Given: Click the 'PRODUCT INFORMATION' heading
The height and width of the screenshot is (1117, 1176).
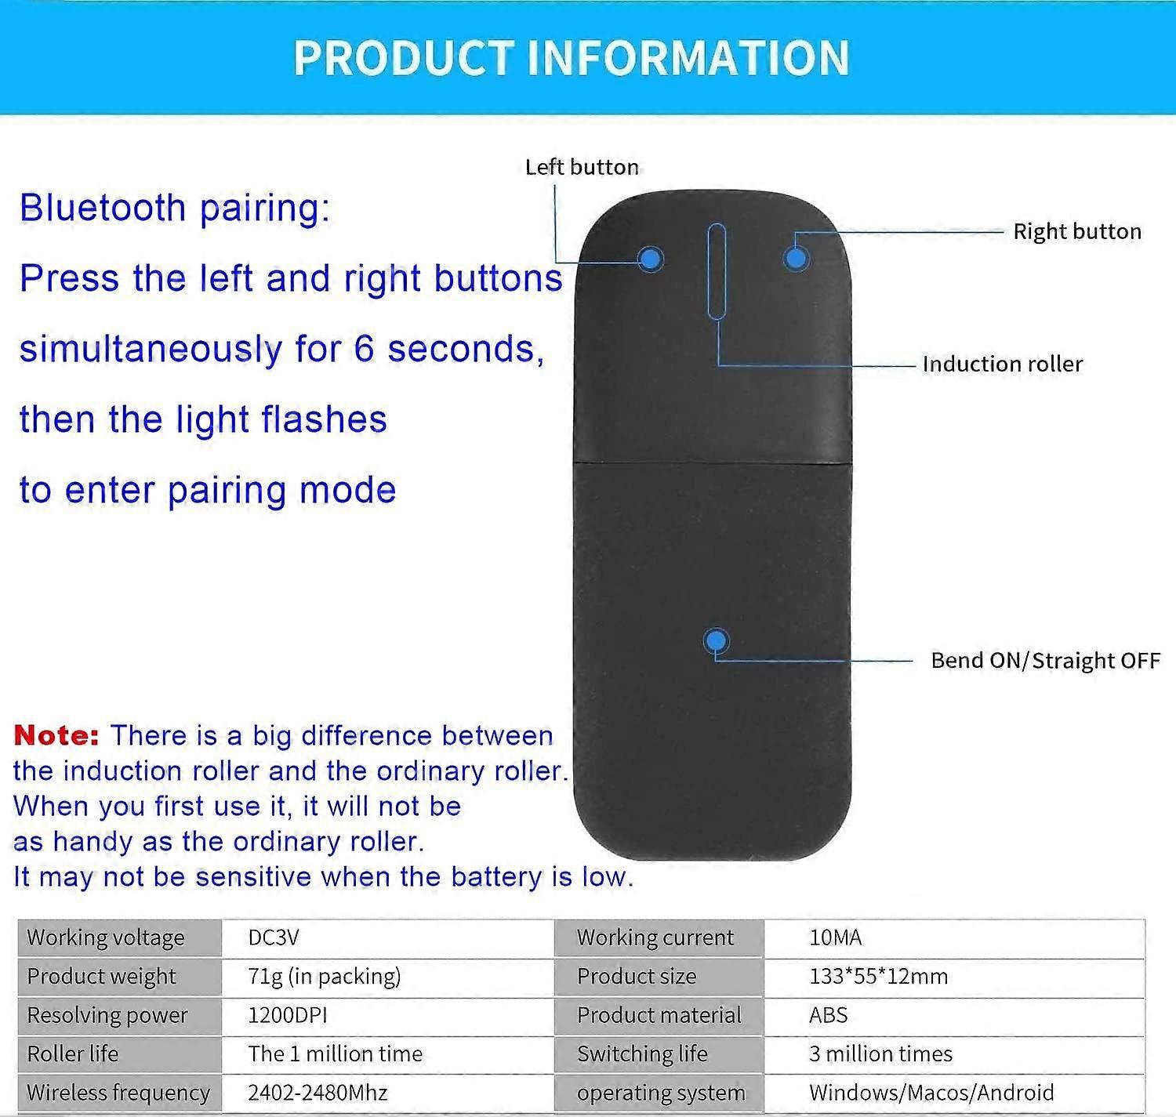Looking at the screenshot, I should (572, 57).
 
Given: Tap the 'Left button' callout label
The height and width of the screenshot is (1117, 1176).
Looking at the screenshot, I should (582, 167).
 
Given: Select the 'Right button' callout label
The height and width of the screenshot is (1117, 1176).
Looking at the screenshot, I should (1076, 231).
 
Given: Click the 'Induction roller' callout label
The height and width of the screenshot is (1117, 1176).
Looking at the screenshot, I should (1002, 364).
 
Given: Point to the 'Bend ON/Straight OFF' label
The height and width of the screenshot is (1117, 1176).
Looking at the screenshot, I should (1045, 660).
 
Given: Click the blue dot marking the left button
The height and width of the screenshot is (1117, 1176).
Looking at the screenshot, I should (650, 259).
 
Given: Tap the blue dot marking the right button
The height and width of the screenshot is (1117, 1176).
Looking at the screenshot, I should (796, 257).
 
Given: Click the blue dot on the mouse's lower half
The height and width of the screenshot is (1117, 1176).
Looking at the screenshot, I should (715, 641).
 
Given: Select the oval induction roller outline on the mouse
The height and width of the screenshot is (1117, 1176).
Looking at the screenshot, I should (716, 271).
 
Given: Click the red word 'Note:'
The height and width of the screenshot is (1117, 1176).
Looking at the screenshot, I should (56, 735).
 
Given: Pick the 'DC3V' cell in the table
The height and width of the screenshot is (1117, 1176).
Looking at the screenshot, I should (274, 937).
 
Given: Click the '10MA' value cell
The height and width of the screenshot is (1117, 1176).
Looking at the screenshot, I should (835, 937).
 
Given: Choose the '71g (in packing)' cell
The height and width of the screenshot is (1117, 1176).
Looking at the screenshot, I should (324, 976).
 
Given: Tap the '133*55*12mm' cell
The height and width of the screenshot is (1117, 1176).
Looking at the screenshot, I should (878, 976).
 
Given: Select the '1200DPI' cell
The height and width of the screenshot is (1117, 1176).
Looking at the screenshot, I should (287, 1015).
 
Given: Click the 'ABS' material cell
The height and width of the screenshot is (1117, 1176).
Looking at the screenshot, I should (828, 1015).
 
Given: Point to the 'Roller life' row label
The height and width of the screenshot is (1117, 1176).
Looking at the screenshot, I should (72, 1054).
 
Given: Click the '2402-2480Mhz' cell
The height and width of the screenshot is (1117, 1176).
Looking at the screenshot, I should (318, 1092).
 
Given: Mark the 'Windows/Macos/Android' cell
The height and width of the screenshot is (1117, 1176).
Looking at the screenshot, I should (931, 1092).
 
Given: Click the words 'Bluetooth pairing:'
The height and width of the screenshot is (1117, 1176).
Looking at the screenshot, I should (175, 208).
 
